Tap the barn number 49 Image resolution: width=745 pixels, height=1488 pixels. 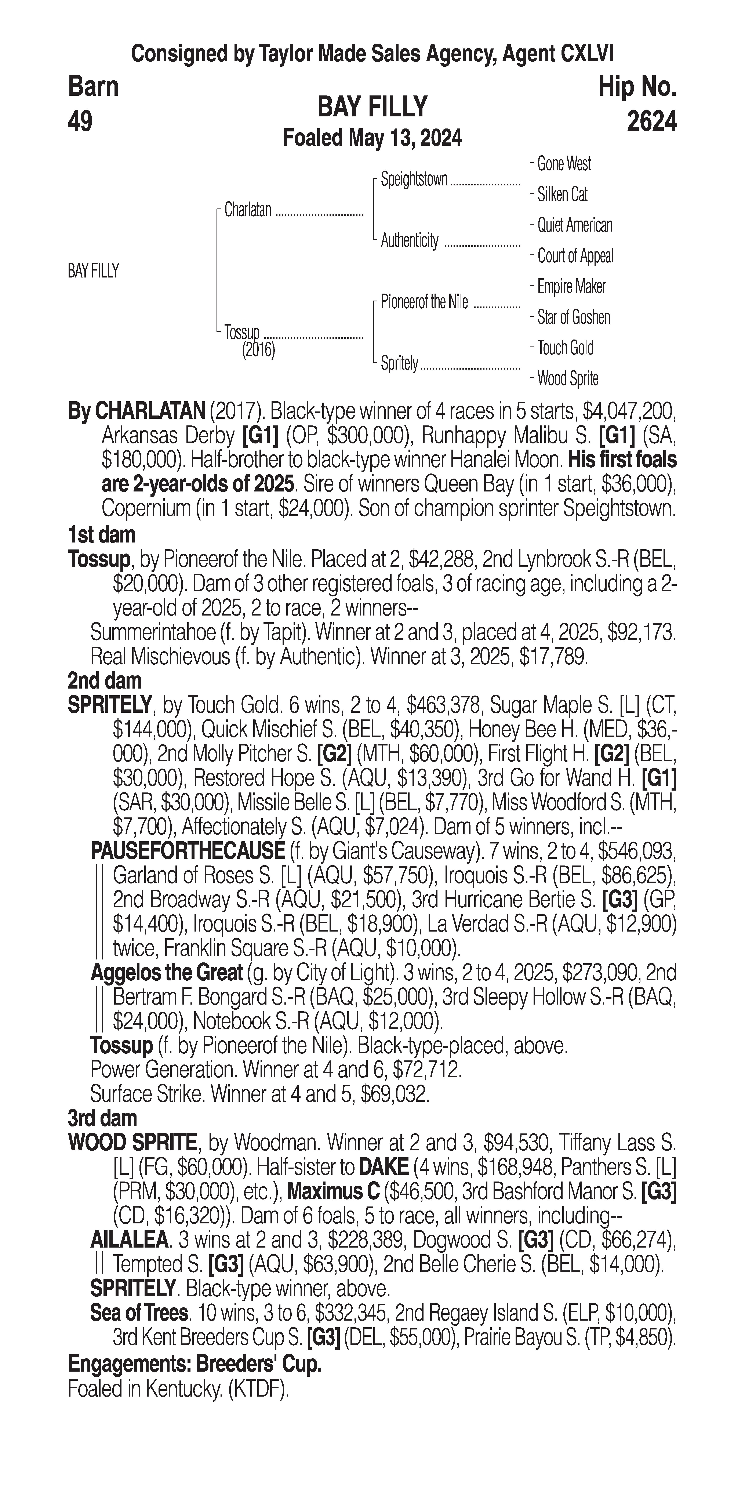80,121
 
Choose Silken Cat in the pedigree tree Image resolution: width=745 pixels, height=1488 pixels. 562,195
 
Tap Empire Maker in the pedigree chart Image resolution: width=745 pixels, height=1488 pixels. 571,287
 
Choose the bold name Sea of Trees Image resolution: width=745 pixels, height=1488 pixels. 139,1313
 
